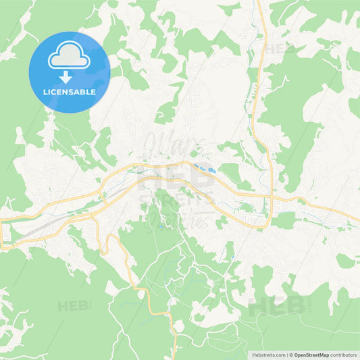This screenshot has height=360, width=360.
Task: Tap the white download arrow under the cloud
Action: tap(70, 76)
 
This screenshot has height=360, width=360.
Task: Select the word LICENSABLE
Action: tap(70, 91)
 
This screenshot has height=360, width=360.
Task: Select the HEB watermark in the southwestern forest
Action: tap(74, 305)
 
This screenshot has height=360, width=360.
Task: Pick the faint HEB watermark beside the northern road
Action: tap(278, 49)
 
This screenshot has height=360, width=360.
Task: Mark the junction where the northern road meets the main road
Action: tap(271, 198)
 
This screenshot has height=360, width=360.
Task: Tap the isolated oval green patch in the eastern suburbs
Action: tap(345, 261)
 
